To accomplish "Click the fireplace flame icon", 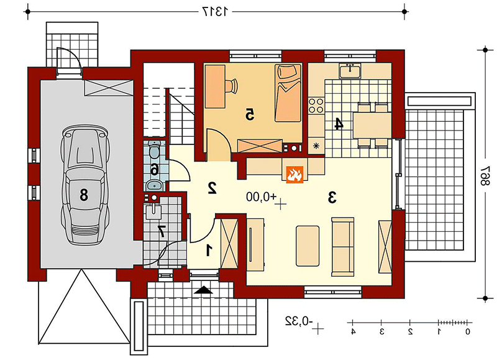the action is click(294, 175).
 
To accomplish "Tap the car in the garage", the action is click(86, 184).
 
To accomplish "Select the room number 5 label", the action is click(250, 114).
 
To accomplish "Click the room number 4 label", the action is click(339, 124).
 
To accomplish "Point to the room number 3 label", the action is click(332, 198).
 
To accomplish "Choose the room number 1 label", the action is click(209, 250).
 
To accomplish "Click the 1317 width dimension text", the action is click(215, 12).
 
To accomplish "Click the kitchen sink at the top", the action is click(350, 70).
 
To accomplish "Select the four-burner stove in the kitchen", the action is click(316, 106).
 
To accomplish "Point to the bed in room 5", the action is click(288, 93).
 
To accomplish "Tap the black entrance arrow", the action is click(204, 290).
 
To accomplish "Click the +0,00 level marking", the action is click(262, 197).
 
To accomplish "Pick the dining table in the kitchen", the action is click(372, 125).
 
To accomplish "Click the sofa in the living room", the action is click(343, 246).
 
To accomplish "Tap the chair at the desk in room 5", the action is click(232, 85).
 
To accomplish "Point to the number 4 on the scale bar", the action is click(353, 332).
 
